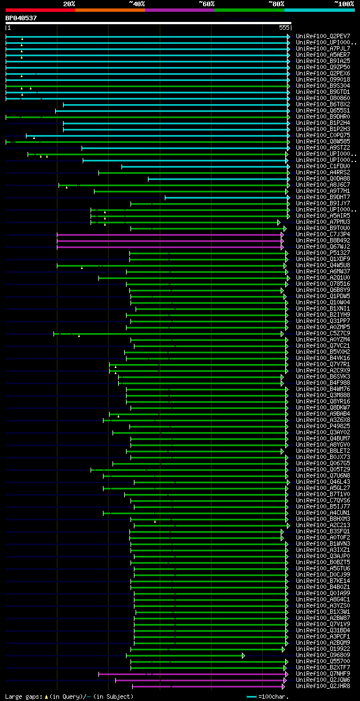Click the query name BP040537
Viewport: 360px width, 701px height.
[21, 18]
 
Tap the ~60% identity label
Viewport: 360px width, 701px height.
[206, 3]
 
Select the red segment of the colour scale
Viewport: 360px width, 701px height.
[40, 10]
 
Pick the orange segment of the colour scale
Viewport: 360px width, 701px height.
[110, 10]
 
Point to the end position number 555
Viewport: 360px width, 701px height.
[283, 28]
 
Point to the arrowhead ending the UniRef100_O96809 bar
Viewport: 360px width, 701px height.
[244, 655]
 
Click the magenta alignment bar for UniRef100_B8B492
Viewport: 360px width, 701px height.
[169, 241]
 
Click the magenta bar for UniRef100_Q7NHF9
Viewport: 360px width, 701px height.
[191, 674]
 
